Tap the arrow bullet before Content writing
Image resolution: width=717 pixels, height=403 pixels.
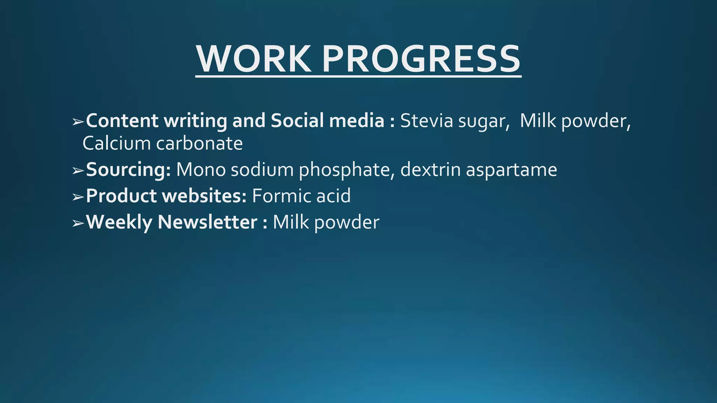point(78,122)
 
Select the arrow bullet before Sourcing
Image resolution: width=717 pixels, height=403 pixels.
point(78,171)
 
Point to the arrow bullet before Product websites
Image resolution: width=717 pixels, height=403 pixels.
point(78,197)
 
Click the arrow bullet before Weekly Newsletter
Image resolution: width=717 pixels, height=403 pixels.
point(78,223)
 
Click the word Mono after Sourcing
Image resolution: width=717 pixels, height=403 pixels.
point(201,170)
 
